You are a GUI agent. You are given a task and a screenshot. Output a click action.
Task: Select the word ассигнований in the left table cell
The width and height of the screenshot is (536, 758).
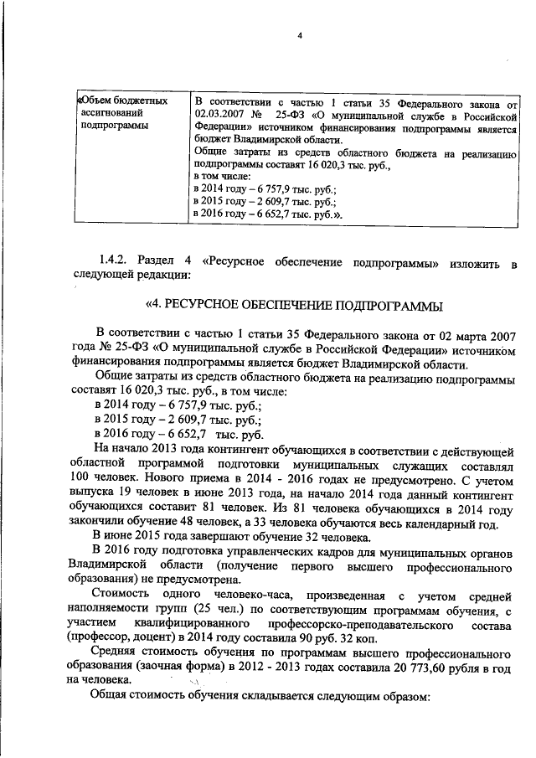point(111,112)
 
